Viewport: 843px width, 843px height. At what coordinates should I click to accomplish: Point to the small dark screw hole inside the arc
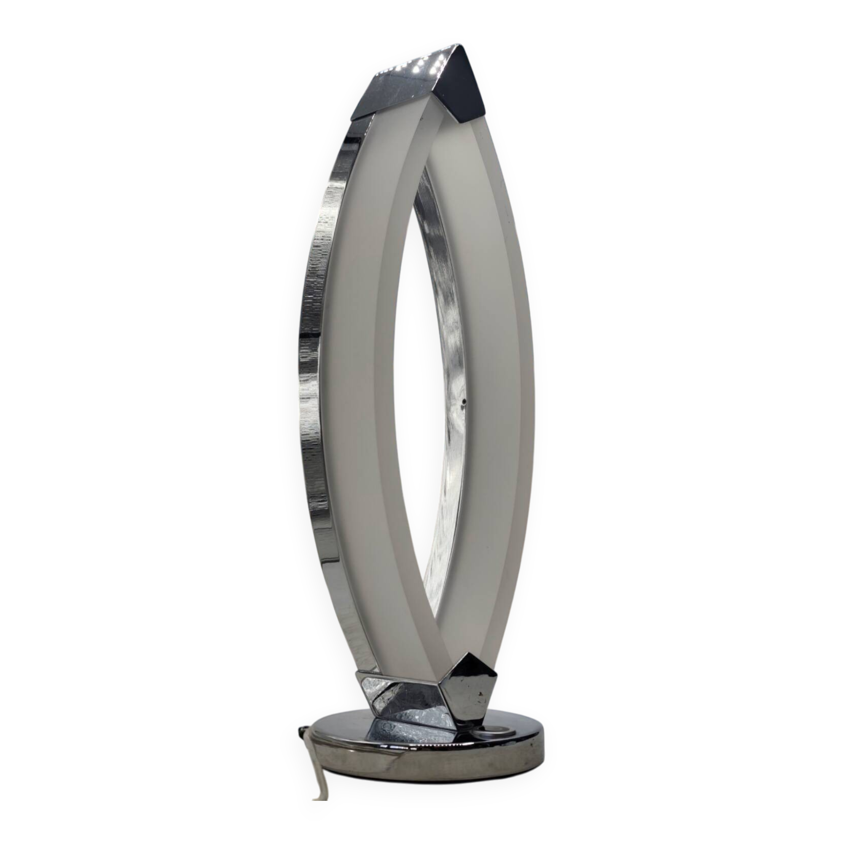[464, 400]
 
